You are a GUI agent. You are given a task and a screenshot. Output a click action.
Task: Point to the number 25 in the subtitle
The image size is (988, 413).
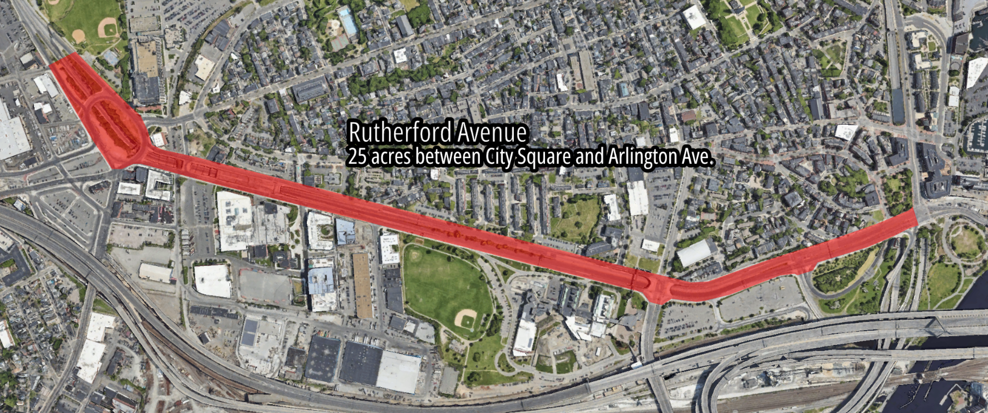point(357,157)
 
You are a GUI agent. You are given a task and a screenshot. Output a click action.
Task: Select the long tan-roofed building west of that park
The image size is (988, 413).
point(362,284)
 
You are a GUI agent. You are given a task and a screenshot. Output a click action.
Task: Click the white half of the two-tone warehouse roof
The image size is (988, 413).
point(400,371)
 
